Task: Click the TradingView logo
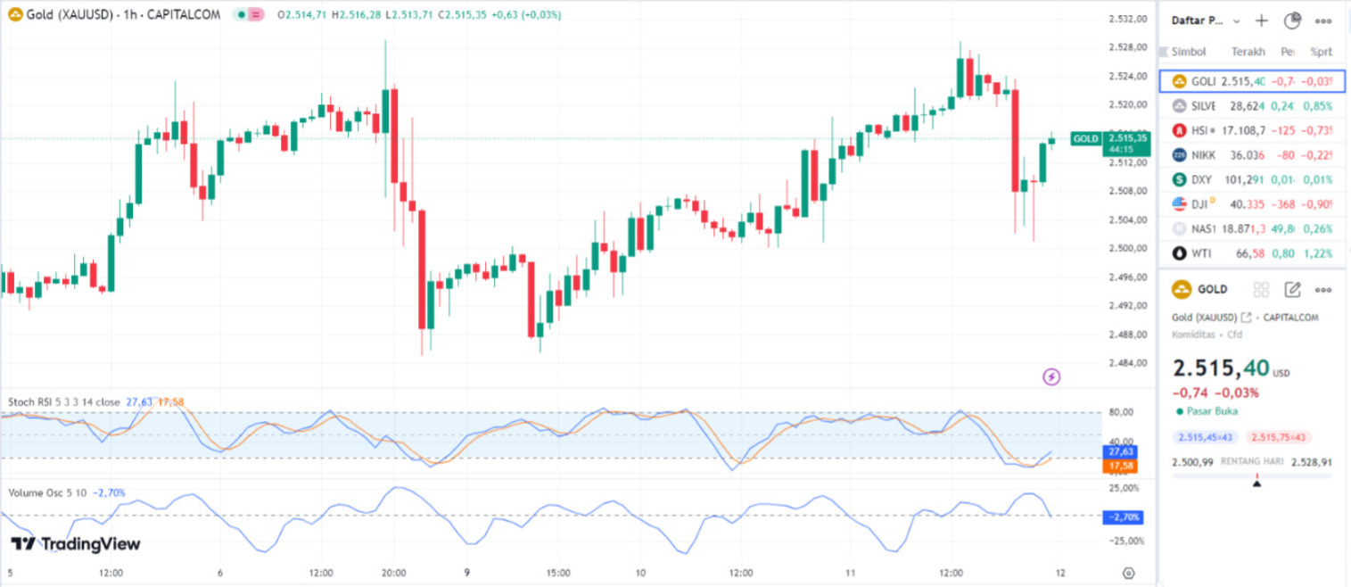click(76, 544)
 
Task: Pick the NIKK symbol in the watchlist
click(1203, 155)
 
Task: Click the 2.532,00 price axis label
click(1126, 20)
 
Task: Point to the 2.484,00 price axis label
click(1126, 363)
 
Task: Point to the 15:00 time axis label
click(559, 573)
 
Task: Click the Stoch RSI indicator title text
click(62, 402)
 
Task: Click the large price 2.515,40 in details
click(1219, 368)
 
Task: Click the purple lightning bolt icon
click(1051, 376)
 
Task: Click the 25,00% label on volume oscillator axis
click(1124, 489)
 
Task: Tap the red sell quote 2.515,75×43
click(1280, 437)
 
